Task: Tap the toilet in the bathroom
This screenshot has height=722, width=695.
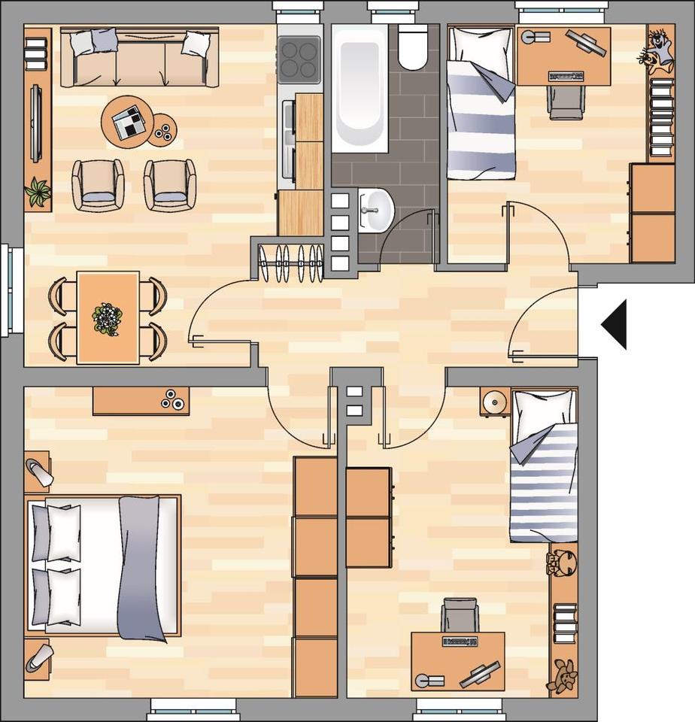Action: click(412, 46)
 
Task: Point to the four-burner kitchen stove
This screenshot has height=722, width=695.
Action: click(299, 59)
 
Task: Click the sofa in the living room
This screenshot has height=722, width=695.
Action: click(140, 59)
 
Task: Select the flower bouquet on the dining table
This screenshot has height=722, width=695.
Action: click(108, 319)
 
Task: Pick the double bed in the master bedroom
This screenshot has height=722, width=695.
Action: click(104, 565)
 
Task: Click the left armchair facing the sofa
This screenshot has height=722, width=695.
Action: click(98, 185)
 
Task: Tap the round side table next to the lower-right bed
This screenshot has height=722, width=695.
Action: click(495, 402)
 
